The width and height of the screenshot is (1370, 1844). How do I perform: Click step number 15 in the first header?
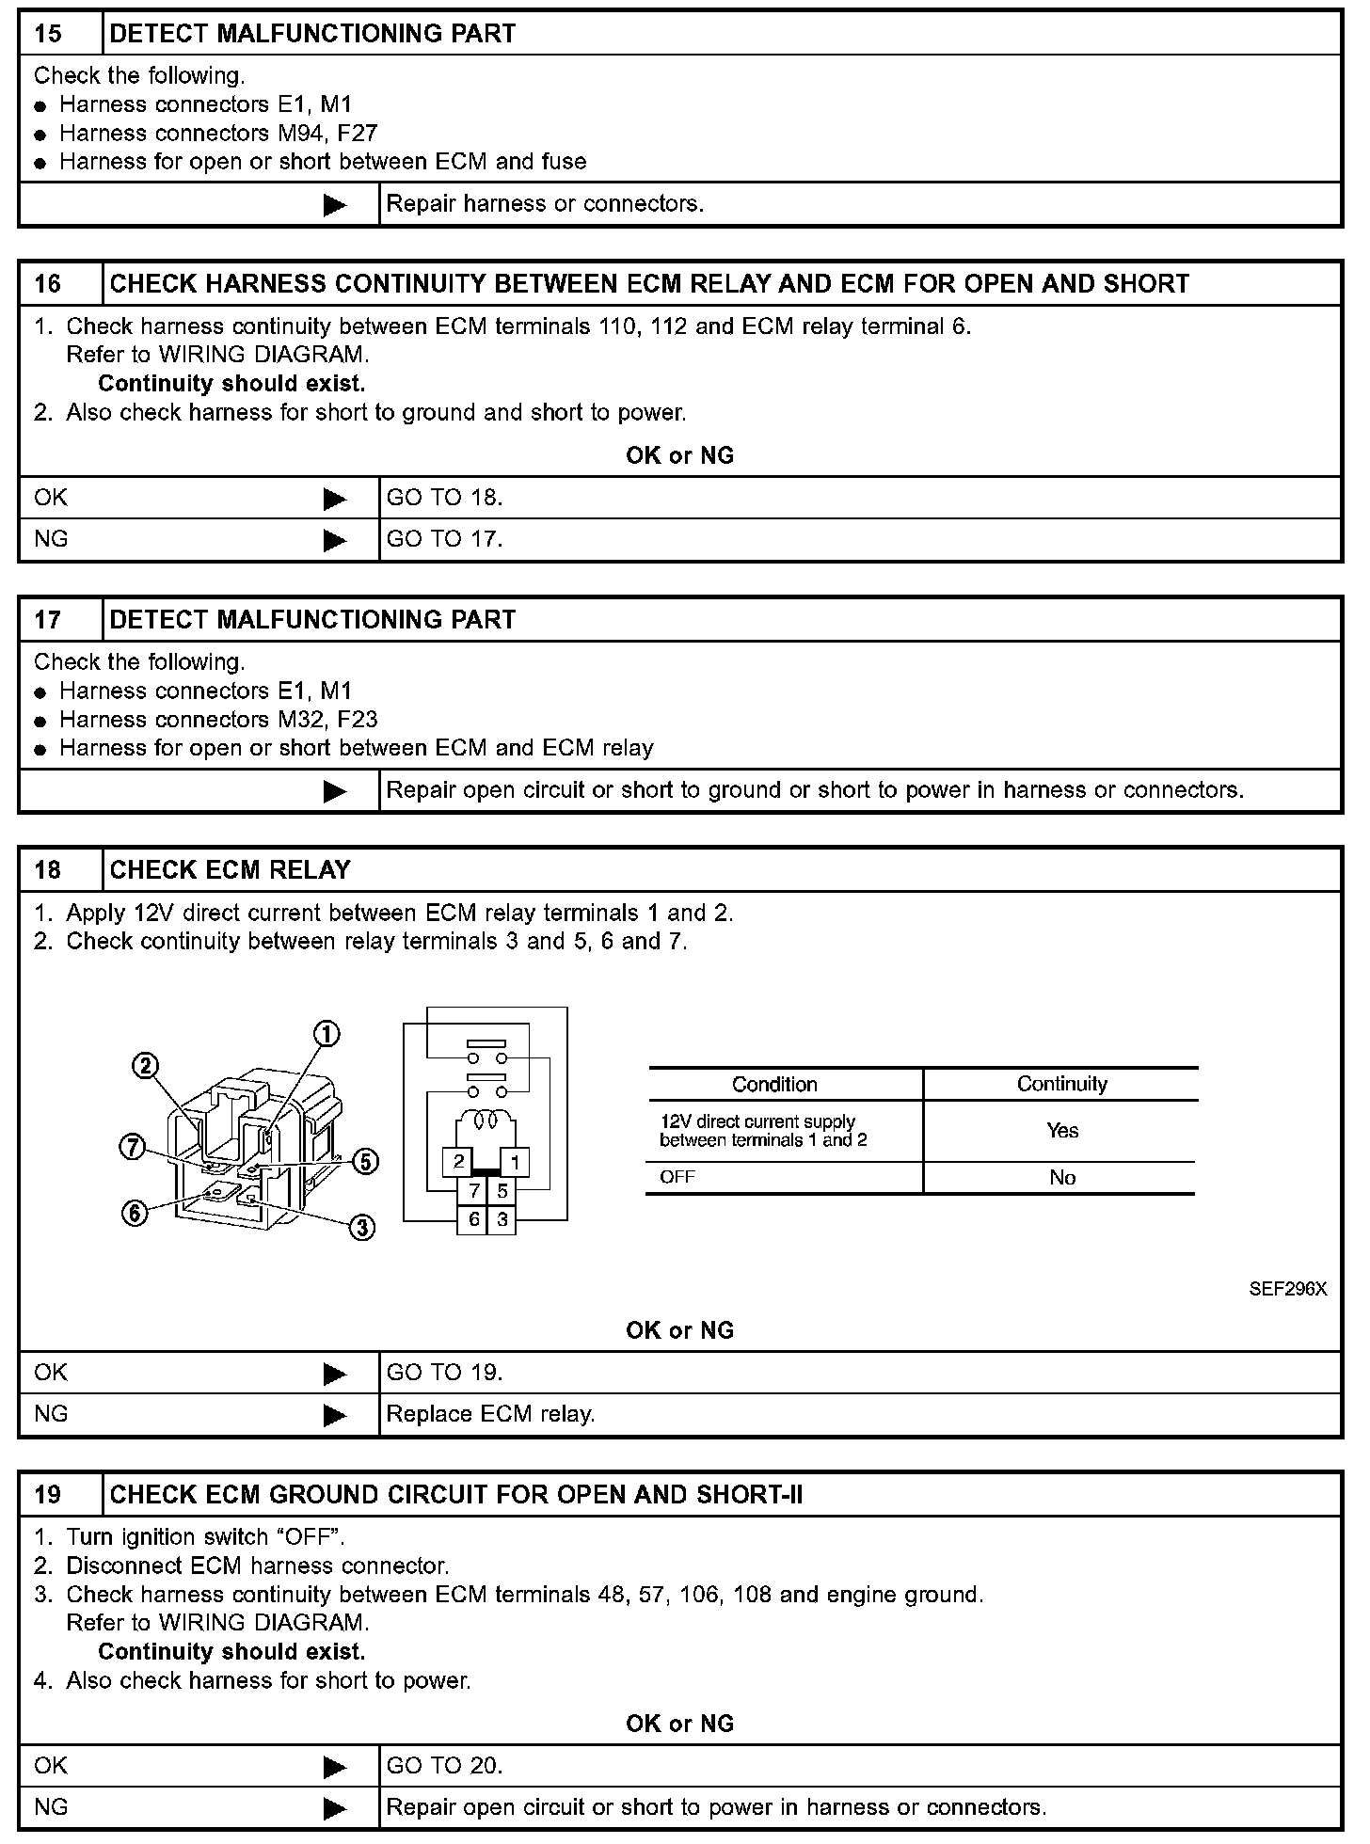point(48,34)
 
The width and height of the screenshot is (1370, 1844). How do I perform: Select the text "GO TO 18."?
point(444,498)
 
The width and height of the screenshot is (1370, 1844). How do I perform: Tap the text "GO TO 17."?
point(444,539)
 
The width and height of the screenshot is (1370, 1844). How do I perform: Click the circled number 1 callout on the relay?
point(327,1034)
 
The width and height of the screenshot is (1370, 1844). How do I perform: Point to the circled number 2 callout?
point(145,1065)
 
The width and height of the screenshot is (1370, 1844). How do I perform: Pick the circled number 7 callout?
point(133,1147)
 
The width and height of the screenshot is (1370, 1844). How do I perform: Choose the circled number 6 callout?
point(135,1214)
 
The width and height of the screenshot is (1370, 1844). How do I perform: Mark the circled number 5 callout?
point(366,1162)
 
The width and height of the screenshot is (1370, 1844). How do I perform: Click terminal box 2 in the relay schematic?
point(458,1162)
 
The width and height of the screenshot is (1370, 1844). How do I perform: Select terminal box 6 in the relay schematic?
point(474,1219)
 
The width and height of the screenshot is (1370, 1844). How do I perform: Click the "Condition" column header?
point(774,1084)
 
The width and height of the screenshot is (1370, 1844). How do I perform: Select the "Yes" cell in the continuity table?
point(1061,1131)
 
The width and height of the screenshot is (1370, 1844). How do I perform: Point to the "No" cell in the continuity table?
point(1061,1177)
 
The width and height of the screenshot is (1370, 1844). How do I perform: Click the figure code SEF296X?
point(1287,1289)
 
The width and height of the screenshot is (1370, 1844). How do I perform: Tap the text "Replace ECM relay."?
point(490,1414)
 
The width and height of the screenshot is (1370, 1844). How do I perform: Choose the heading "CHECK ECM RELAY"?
point(230,869)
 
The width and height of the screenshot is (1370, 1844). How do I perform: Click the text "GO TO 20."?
point(444,1766)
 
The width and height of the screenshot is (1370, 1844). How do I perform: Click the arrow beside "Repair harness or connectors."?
point(335,204)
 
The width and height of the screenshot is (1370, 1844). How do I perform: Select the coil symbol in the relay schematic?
point(486,1121)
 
